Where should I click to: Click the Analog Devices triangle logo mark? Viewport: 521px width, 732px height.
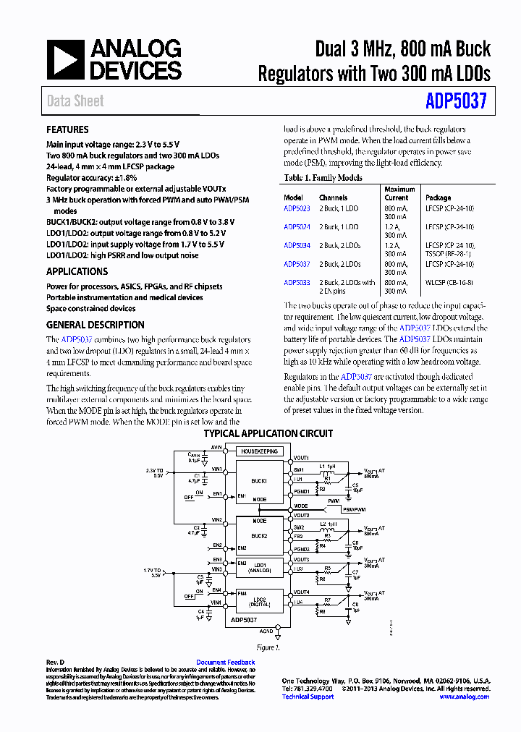(65, 59)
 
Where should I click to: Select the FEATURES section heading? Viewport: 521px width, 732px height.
(67, 129)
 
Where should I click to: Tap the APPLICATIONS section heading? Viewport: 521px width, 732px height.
(77, 271)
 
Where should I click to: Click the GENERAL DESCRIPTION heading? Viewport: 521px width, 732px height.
(95, 325)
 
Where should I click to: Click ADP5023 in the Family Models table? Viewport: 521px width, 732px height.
(297, 208)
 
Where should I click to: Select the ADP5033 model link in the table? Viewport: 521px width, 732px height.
(297, 283)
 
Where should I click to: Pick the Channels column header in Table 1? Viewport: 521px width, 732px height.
(333, 197)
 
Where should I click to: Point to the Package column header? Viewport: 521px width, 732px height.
(438, 197)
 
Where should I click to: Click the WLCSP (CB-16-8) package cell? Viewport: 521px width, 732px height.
(449, 283)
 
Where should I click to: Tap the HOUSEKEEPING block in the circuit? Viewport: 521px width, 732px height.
(258, 451)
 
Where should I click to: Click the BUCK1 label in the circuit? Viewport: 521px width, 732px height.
(258, 480)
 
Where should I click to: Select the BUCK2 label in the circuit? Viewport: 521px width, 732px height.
(258, 536)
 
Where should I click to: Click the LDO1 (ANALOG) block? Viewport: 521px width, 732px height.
(258, 567)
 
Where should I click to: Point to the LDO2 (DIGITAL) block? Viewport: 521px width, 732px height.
(258, 600)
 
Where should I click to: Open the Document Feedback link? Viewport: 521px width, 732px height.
(225, 663)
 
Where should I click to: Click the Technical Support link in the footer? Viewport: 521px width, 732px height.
(308, 697)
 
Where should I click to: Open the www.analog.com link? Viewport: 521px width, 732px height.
(463, 697)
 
